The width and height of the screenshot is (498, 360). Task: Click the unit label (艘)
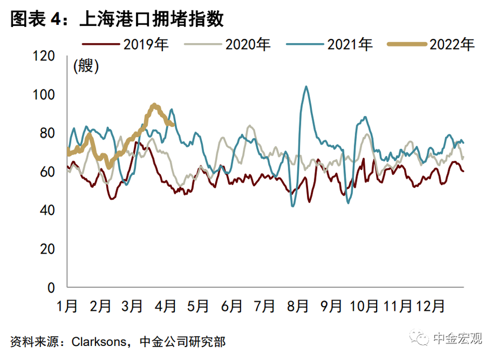point(86,66)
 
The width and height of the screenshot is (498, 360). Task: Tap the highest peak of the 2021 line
point(306,87)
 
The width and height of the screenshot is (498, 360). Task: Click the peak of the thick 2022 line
point(154,105)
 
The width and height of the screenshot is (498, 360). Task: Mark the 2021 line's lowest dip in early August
point(293,206)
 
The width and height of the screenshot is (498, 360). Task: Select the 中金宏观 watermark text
point(458,339)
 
